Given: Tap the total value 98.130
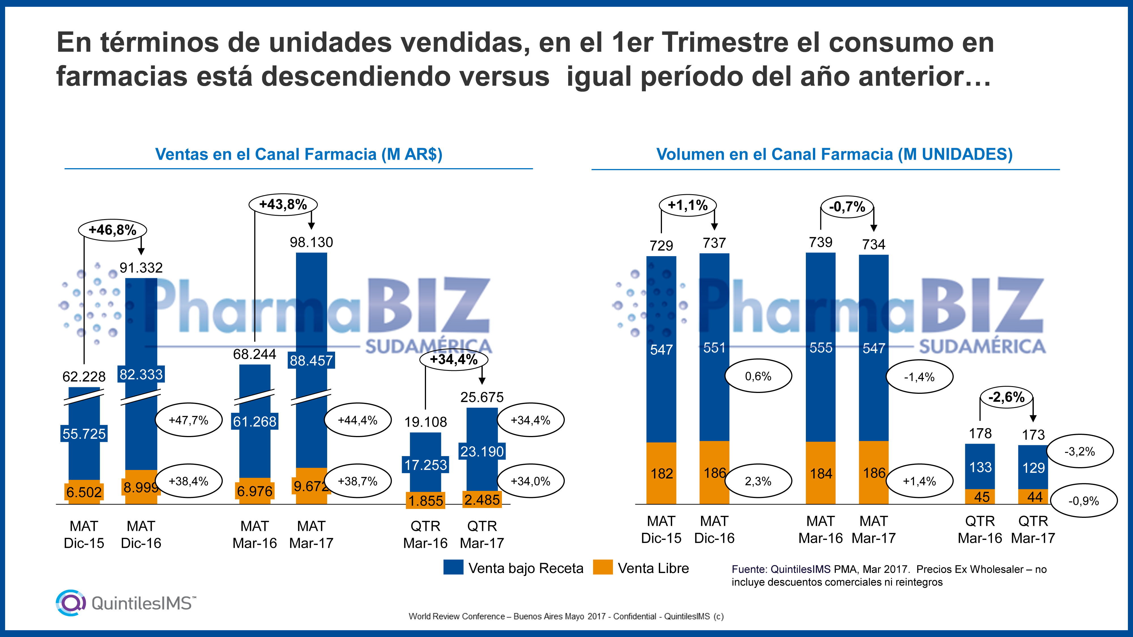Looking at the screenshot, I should click(311, 242).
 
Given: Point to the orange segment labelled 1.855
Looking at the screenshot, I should click(425, 500).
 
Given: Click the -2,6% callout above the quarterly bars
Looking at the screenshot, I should click(1006, 397).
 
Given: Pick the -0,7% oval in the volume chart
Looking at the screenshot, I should click(847, 207).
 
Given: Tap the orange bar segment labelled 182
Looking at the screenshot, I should click(661, 473).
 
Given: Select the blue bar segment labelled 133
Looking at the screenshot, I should click(980, 467).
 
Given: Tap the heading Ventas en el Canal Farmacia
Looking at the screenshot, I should click(299, 154).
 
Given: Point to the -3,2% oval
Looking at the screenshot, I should click(1079, 452).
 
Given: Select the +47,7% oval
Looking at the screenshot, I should click(188, 420).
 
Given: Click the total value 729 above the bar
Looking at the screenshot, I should click(661, 245).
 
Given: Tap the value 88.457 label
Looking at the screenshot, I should click(311, 360).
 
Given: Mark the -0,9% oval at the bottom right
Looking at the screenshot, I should click(1083, 501).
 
